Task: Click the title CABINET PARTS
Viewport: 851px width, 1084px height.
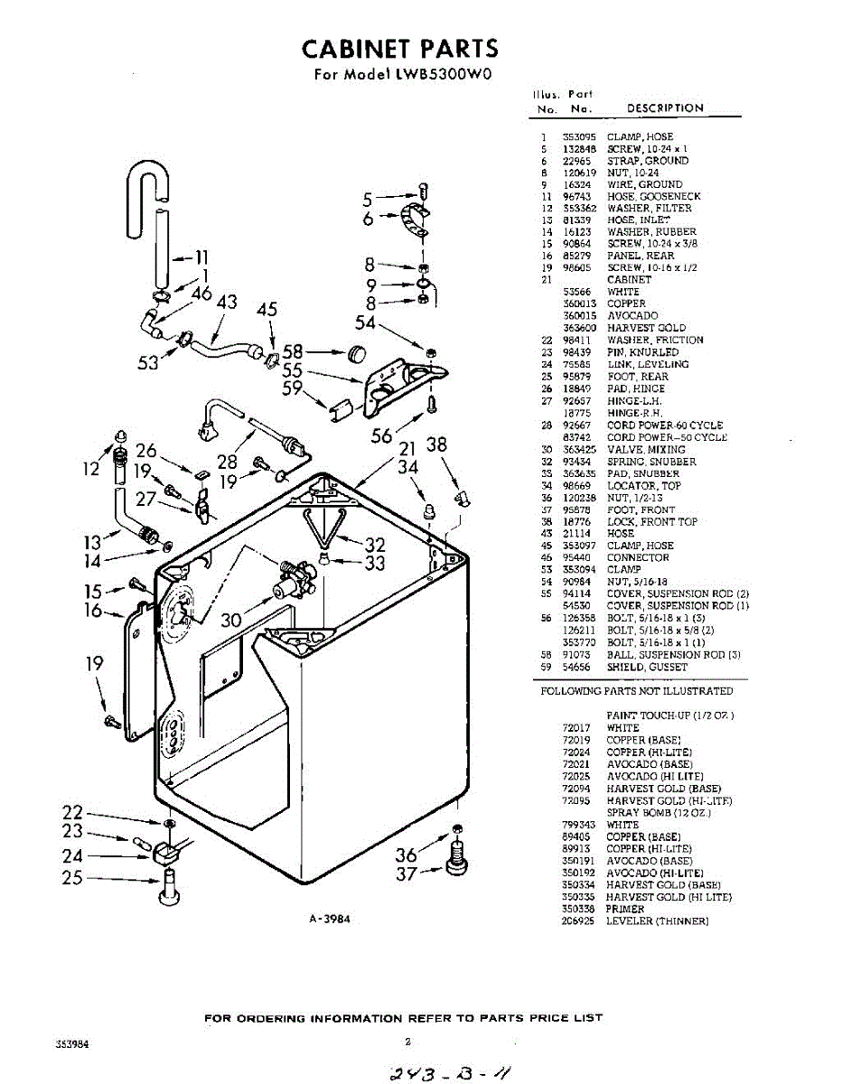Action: [399, 48]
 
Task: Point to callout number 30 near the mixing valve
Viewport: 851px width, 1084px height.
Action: [231, 620]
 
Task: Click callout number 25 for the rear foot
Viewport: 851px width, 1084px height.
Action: [72, 876]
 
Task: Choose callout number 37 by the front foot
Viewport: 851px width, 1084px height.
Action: [408, 874]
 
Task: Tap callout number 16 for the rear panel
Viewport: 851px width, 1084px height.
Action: [93, 612]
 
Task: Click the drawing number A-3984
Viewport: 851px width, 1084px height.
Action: [329, 920]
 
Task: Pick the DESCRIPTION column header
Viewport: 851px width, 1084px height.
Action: [665, 108]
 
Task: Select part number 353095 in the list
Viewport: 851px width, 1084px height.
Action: [579, 136]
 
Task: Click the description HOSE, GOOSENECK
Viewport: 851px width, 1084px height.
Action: [653, 196]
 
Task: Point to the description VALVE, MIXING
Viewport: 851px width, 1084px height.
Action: [646, 449]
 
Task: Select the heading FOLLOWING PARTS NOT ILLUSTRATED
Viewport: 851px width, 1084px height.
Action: [637, 691]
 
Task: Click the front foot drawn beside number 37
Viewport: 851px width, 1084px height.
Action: [456, 858]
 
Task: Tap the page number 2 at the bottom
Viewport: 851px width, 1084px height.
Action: [407, 1042]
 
